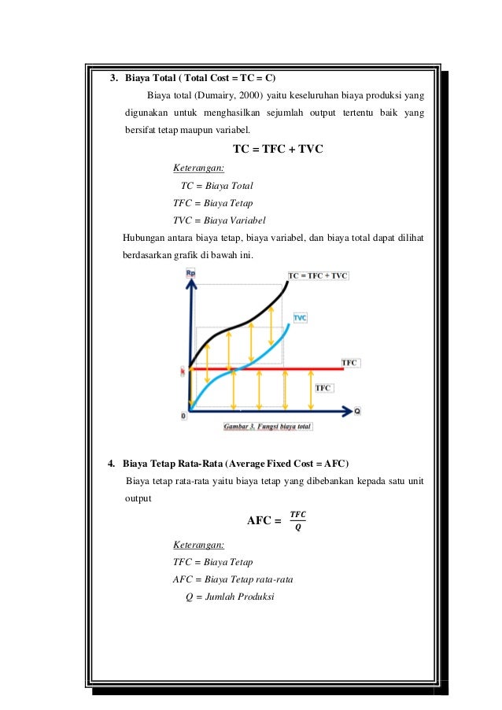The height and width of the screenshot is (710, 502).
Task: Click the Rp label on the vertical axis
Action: point(190,272)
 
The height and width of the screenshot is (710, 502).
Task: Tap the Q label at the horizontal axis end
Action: point(357,411)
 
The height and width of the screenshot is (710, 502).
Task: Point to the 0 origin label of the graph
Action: point(183,415)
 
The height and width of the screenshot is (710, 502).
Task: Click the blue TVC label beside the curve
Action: point(300,317)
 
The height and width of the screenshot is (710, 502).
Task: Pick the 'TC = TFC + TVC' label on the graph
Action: point(318,275)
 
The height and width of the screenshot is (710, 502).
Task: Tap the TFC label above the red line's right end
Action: point(349,362)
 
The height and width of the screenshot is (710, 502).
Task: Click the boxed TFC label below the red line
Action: point(323,388)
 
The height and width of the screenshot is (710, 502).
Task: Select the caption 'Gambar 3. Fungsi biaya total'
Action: point(268,427)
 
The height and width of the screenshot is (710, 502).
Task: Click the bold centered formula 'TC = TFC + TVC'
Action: point(279,150)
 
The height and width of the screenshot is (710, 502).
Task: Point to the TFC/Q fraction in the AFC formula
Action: point(298,520)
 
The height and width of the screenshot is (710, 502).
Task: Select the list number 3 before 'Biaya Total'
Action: point(113,79)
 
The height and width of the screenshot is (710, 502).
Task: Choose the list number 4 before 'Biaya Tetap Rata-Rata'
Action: point(111,462)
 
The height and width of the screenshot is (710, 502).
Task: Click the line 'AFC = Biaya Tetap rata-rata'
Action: point(230,579)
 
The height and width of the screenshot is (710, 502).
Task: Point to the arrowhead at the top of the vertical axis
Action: point(190,282)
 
